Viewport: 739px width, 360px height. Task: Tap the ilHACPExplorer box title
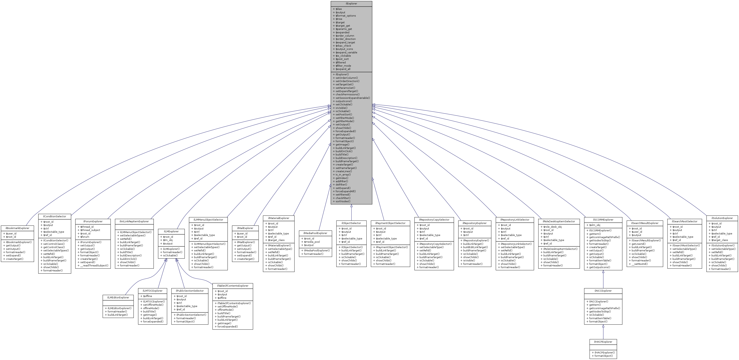click(603, 342)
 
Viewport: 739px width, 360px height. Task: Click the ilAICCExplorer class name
click(603, 291)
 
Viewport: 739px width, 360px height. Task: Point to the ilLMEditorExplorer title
click(118, 297)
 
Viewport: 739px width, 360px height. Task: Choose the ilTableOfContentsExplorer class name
click(233, 286)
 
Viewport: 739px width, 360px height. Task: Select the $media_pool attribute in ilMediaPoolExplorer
click(312, 242)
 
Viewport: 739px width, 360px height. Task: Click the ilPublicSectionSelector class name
click(190, 291)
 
